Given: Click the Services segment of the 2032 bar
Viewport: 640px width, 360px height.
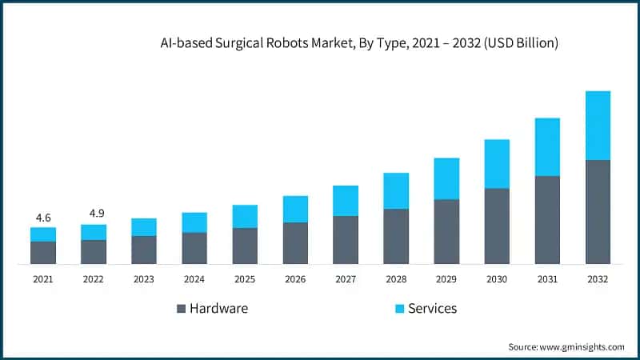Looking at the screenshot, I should [598, 125].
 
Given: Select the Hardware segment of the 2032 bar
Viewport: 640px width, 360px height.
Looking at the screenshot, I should [598, 212].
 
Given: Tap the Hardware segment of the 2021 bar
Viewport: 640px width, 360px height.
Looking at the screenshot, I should [43, 253].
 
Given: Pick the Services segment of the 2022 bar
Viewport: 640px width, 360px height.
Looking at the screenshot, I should [94, 232].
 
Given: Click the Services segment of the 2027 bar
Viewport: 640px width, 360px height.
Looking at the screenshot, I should [346, 201].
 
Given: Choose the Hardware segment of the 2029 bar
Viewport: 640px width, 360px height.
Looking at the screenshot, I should [446, 231].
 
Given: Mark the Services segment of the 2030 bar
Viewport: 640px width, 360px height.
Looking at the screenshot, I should [497, 164].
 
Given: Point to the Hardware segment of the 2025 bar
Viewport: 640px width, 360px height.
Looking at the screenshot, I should [245, 246].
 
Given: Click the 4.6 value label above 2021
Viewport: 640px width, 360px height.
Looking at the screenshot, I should [43, 218].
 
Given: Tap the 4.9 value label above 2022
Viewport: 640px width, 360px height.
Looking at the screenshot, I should [94, 214].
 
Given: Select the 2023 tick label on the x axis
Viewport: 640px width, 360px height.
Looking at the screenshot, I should [144, 279].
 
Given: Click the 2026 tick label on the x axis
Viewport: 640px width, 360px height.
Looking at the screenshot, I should [295, 279].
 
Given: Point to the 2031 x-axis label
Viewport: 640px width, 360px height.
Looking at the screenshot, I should [547, 279].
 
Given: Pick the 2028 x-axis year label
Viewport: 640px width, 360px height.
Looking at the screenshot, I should [396, 279].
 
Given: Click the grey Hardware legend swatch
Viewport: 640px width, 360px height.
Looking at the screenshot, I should [180, 309].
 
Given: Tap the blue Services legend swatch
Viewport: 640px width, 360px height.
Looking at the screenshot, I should [398, 309].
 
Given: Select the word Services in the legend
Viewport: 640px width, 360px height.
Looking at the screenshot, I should [432, 309].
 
